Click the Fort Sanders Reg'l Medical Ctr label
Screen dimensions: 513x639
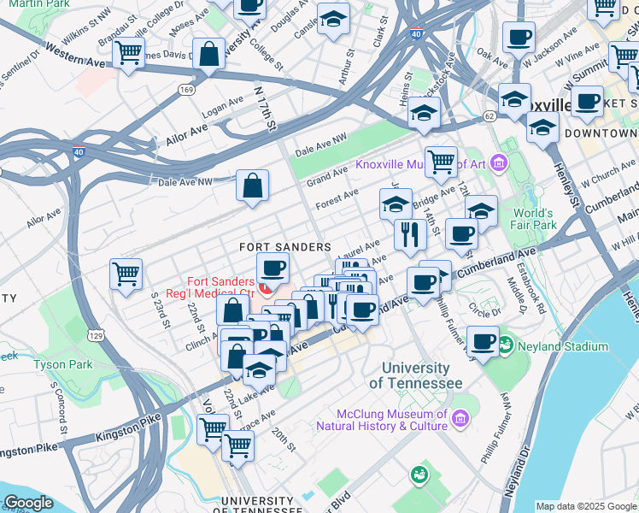[x=221, y=286]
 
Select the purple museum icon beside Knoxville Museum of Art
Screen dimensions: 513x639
[x=499, y=163]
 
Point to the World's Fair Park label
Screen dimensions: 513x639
[x=534, y=219]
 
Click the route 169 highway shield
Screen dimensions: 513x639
[x=185, y=88]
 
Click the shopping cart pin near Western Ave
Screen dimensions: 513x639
[x=128, y=53]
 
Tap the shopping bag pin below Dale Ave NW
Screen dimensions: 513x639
[x=253, y=186]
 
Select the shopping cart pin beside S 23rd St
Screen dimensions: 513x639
[x=126, y=275]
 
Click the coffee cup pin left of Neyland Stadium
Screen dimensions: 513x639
[x=484, y=343]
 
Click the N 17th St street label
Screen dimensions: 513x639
[x=266, y=107]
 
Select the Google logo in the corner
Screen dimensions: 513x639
[x=28, y=504]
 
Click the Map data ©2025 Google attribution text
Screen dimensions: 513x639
[x=585, y=506]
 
